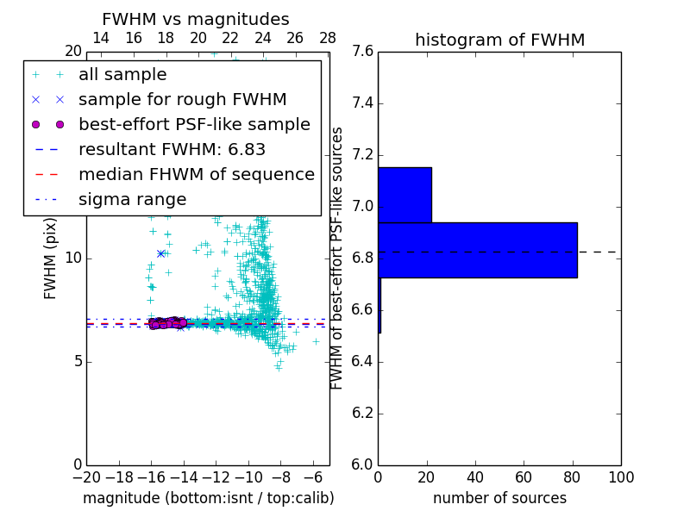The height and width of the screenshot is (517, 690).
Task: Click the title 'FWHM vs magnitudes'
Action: tap(195, 19)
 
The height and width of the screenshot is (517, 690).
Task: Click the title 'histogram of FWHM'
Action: tap(499, 40)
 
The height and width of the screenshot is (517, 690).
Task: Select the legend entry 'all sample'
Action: tap(122, 75)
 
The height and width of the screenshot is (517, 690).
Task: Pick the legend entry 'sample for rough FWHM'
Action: tap(182, 100)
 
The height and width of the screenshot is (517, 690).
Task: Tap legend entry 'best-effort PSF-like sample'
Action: tap(194, 124)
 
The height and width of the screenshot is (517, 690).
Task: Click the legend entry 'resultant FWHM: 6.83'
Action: tap(172, 150)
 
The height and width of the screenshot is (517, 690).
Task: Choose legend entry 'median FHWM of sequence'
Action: tap(196, 175)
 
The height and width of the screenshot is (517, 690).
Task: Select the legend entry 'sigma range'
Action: tap(132, 200)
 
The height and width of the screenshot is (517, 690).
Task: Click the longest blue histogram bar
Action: tap(477, 250)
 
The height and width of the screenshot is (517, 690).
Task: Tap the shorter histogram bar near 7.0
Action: tap(405, 195)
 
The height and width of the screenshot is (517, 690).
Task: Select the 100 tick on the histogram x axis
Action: tap(620, 477)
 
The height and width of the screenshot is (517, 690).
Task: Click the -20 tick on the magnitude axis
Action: tap(86, 477)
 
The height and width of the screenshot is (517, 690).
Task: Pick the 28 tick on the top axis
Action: tap(328, 38)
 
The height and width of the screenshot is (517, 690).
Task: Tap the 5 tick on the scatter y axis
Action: tap(76, 361)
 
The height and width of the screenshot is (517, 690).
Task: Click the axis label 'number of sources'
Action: tap(499, 498)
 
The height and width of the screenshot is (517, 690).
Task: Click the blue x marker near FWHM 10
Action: tap(160, 253)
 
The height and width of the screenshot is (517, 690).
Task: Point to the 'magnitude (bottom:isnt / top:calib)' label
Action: tap(208, 498)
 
